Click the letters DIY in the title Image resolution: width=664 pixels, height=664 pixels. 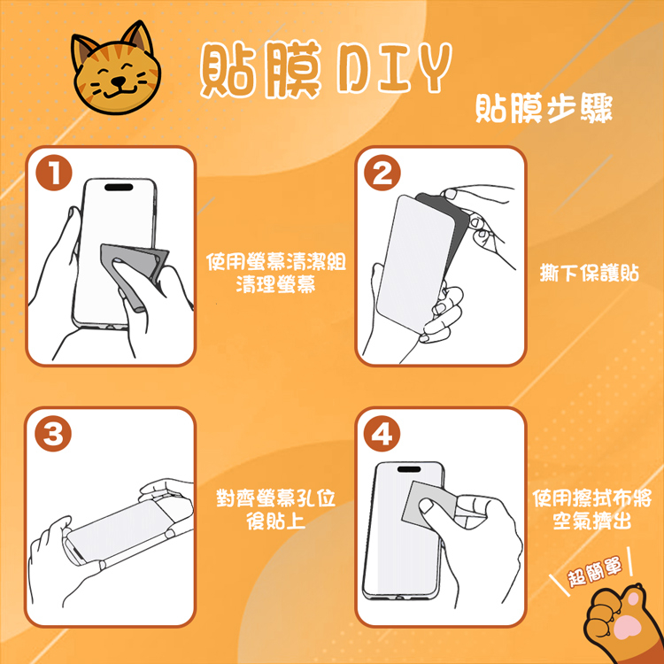coord(393,68)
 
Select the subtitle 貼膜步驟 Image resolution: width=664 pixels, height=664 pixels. coord(544,109)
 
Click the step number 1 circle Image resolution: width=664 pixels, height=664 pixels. coord(54,174)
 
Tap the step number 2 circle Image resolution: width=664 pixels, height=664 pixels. coord(382,174)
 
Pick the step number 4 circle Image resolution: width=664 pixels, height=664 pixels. coord(382,435)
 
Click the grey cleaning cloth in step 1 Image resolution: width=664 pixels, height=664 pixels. coord(135,271)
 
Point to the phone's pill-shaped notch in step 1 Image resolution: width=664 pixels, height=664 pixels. coord(119,187)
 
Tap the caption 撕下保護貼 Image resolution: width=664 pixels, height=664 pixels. coord(590,274)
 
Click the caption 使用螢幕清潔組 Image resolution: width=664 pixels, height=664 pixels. coord(276,262)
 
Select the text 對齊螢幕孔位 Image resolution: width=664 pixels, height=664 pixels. coord(276,498)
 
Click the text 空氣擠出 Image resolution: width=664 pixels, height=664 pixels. coord(592,521)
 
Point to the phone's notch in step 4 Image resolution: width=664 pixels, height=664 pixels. coord(409,469)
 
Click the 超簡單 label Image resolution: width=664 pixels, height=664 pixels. coord(595,572)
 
